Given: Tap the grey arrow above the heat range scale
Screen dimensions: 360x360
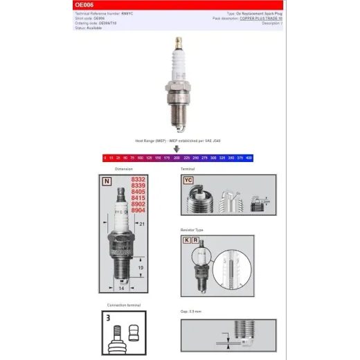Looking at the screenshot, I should (177, 147).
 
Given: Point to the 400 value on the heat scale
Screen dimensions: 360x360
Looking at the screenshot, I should (249, 159).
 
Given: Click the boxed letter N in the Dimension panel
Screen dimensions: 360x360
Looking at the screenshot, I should (107, 181).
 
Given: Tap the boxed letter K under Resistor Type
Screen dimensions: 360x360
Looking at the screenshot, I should (186, 240).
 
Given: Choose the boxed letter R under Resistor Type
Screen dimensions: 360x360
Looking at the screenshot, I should (196, 240).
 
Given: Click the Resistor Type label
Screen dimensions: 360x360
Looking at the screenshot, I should (192, 229).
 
